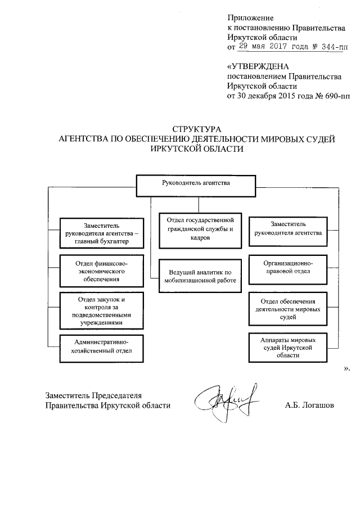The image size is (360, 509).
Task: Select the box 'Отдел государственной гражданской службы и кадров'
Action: [200, 230]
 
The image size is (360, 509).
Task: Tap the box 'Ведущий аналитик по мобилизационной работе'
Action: [200, 276]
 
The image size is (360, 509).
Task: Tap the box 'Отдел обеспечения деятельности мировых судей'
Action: [287, 309]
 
